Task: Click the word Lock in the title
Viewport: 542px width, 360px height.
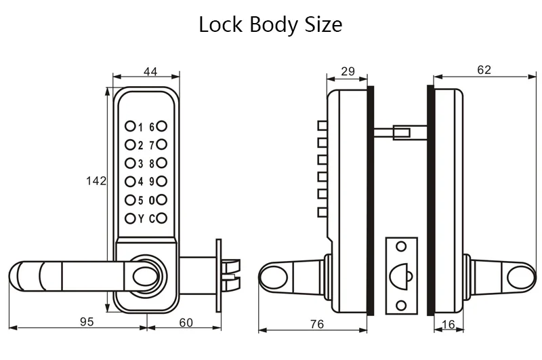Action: pos(220,24)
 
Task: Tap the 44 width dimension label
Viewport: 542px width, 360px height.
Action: pos(150,71)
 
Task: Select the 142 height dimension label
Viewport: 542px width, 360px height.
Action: pos(96,180)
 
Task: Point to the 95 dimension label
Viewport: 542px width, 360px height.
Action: pos(87,321)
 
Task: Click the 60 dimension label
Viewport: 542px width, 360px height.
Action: pos(186,322)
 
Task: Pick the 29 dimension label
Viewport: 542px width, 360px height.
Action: pos(348,71)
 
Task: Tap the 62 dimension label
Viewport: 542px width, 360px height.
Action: pos(484,70)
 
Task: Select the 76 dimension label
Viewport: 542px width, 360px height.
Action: pos(317,324)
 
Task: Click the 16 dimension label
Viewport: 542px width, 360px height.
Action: pos(449,324)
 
